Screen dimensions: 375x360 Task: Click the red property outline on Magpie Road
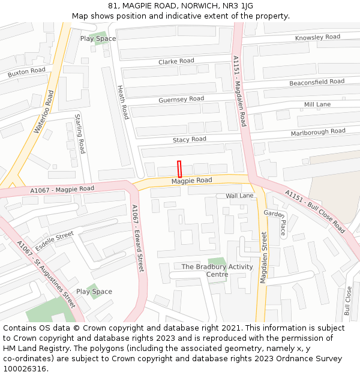tap(179, 169)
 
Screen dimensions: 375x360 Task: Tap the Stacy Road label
tap(190, 139)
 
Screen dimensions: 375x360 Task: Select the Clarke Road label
tap(176, 61)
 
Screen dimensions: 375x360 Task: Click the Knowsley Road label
tap(317, 38)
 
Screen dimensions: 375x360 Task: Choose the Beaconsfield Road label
tap(317, 82)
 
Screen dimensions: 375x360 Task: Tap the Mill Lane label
tap(317, 104)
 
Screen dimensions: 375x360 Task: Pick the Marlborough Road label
tap(318, 131)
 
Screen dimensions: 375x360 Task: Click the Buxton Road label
tap(26, 73)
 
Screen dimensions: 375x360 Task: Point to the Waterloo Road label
tap(44, 112)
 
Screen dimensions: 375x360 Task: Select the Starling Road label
tap(80, 133)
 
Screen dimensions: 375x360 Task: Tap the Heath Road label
tap(122, 102)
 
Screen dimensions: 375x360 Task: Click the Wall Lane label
tap(239, 196)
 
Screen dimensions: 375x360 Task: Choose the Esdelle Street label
tap(54, 241)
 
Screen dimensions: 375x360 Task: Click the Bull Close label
tap(348, 301)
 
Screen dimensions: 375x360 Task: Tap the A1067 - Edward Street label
tap(137, 238)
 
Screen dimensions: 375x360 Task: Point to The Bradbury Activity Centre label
tap(209, 271)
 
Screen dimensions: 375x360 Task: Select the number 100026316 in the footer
tap(25, 368)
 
